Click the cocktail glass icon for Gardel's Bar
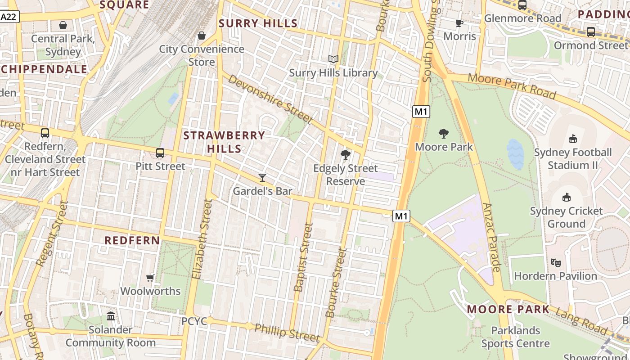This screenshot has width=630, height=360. (262, 178)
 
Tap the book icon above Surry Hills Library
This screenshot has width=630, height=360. (333, 59)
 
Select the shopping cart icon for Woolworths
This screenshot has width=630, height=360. (150, 278)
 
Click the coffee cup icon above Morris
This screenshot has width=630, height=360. (459, 23)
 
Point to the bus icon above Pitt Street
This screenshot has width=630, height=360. (160, 153)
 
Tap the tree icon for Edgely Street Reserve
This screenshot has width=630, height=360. (346, 155)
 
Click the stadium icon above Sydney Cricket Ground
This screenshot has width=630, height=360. (566, 197)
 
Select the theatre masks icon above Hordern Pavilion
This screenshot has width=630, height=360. (555, 262)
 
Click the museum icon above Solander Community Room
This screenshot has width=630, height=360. (111, 316)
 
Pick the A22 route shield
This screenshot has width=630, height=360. (9, 17)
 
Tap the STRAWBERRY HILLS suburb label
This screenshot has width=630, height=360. (224, 142)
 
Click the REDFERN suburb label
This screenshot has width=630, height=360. (132, 240)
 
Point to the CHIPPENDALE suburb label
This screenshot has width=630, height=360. (44, 69)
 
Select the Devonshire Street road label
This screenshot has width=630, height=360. (270, 99)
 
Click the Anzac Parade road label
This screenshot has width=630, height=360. (491, 237)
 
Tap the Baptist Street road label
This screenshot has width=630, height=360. (303, 257)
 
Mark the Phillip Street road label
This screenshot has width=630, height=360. (287, 332)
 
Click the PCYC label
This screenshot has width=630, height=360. (194, 321)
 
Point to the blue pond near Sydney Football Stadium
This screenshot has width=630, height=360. (515, 154)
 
